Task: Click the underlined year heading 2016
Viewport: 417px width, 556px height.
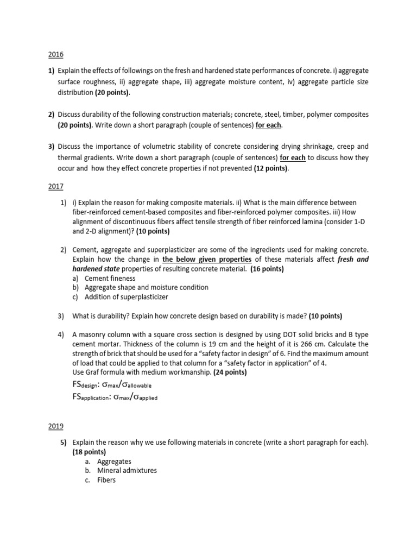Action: [x=56, y=55]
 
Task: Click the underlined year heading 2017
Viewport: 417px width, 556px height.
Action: [x=56, y=186]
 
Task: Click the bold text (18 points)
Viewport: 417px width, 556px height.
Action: [x=89, y=452]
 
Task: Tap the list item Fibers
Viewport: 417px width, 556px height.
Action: [x=106, y=480]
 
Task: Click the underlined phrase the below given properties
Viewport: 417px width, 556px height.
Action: [x=207, y=260]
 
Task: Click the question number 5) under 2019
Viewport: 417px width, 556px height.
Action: [x=64, y=443]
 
